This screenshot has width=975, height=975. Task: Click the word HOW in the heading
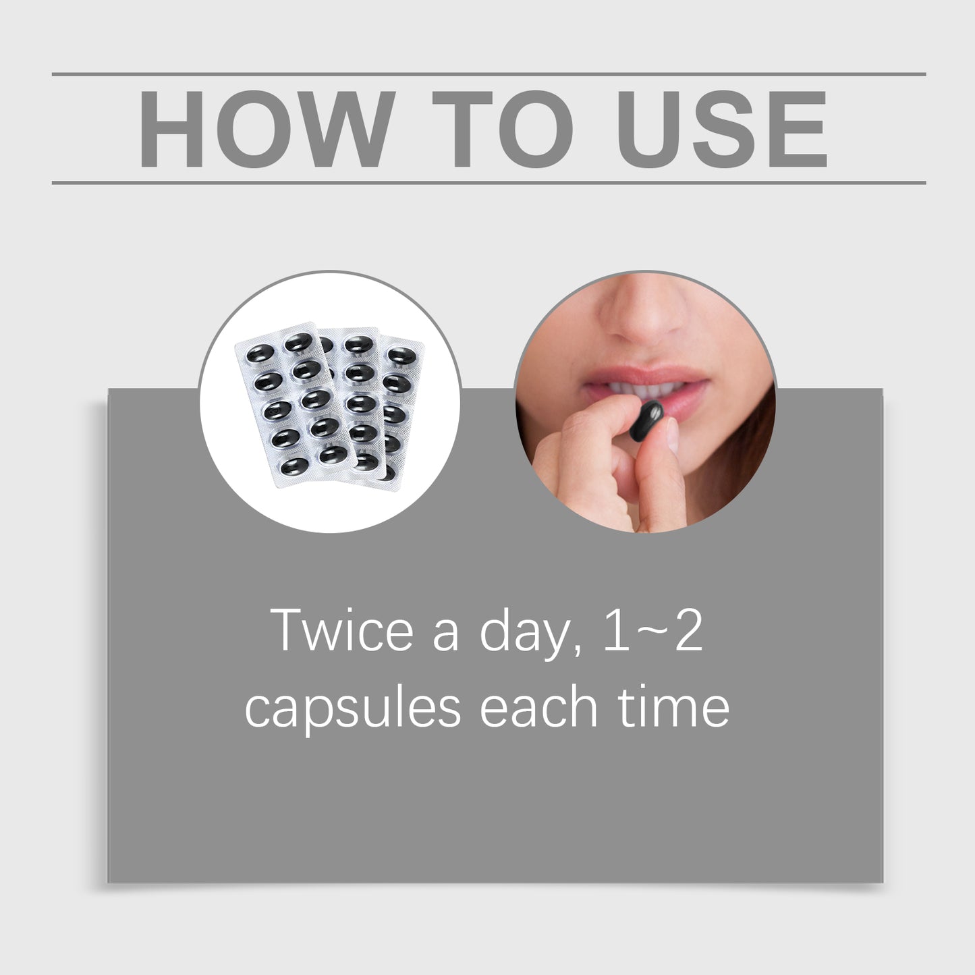point(267,128)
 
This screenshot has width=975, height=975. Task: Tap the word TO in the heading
point(503,128)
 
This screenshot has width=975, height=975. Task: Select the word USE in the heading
point(722,128)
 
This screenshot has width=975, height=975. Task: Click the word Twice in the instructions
point(342,630)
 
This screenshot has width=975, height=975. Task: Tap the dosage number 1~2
point(652,630)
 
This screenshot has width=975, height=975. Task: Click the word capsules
point(352,708)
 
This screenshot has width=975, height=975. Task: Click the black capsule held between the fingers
point(647,420)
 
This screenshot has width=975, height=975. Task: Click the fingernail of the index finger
point(672,433)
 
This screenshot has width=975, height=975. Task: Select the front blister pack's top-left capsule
point(260,353)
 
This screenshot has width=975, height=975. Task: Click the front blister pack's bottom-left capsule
point(294,466)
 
